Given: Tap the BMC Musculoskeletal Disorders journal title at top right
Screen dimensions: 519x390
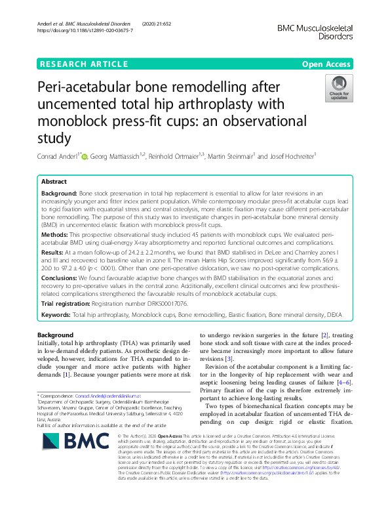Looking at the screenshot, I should pos(315,32).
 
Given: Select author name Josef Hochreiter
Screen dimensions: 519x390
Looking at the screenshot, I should pos(288,156).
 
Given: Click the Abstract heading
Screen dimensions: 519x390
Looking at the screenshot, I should pos(54,181).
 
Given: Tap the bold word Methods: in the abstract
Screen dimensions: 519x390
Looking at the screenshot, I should pos(56,234).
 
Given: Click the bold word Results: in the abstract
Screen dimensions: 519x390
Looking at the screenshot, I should pos(54,251).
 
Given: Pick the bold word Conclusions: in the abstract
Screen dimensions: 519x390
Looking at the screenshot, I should pos(62,278).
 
